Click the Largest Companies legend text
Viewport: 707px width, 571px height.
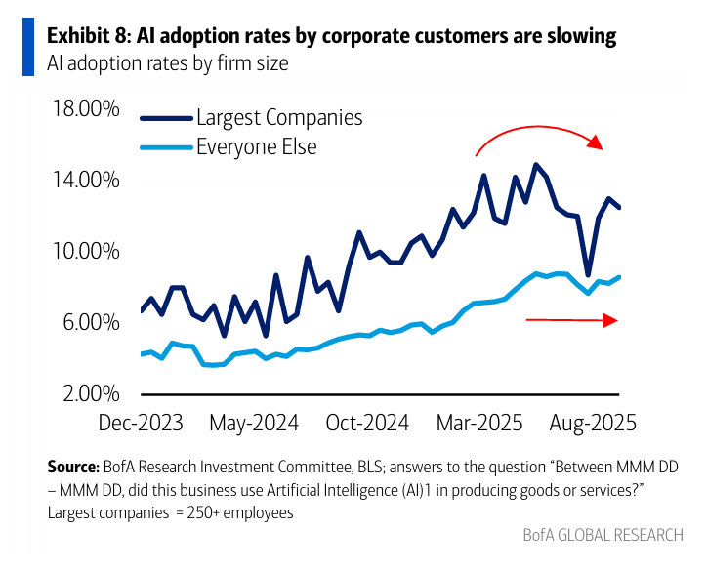279,118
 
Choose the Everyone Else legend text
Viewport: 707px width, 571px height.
256,147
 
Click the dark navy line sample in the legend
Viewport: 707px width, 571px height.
166,119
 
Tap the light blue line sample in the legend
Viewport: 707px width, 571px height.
166,148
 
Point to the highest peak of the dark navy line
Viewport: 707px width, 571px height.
535,165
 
